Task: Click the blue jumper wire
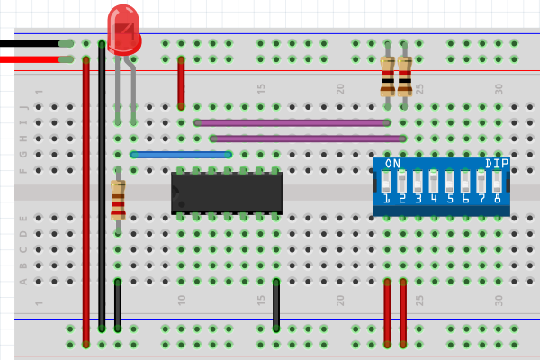click(181, 155)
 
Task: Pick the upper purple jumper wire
click(292, 122)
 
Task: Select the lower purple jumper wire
click(306, 139)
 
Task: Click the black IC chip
click(227, 193)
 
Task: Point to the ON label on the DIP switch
click(392, 164)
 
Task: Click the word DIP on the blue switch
click(496, 164)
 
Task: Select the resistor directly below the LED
click(118, 200)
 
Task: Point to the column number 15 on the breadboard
click(261, 88)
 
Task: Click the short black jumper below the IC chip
click(276, 304)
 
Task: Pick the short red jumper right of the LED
click(181, 81)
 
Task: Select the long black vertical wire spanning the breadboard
click(102, 180)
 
